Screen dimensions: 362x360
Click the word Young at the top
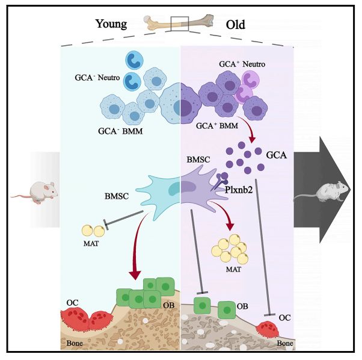click(x=111, y=24)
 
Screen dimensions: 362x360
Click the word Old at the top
click(x=235, y=25)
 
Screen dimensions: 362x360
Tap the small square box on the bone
click(x=180, y=23)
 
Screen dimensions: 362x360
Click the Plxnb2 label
click(x=239, y=190)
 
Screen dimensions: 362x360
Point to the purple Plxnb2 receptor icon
click(x=219, y=182)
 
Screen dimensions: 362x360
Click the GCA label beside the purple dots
click(x=277, y=155)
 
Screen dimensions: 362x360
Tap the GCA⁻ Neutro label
click(x=97, y=78)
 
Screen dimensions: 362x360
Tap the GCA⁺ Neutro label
click(x=242, y=64)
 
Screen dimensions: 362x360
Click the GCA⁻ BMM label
click(x=120, y=131)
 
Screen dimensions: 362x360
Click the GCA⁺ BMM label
click(x=217, y=126)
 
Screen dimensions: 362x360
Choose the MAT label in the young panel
click(x=91, y=243)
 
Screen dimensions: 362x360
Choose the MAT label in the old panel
click(x=233, y=269)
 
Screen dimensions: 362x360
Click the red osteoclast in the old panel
click(x=268, y=329)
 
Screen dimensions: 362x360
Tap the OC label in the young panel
click(x=72, y=303)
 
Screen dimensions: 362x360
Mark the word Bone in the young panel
click(x=75, y=343)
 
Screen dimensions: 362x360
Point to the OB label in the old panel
click(x=242, y=306)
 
